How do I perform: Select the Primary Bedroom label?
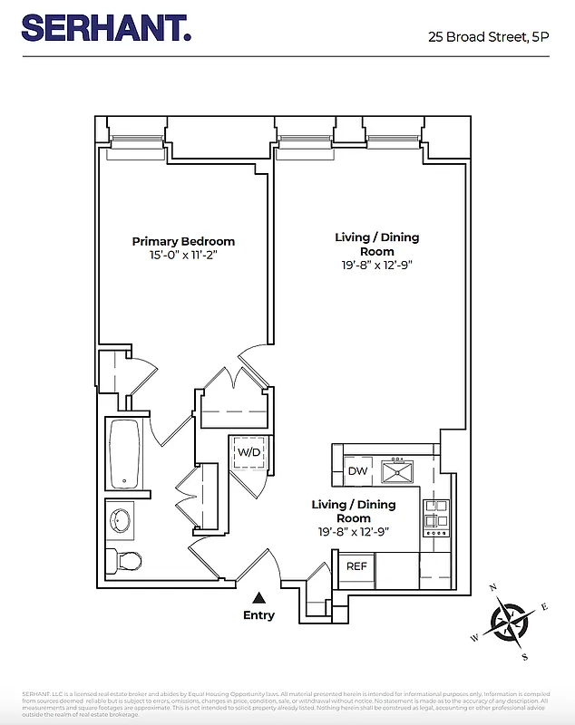pyautogui.click(x=183, y=241)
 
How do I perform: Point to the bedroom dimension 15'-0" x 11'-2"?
pyautogui.click(x=183, y=256)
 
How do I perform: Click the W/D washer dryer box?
pyautogui.click(x=249, y=451)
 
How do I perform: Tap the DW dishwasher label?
pyautogui.click(x=357, y=471)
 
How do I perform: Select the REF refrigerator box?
pyautogui.click(x=356, y=566)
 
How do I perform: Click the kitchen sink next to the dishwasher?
pyautogui.click(x=397, y=471)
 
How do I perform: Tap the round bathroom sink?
pyautogui.click(x=121, y=520)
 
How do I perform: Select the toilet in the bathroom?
pyautogui.click(x=123, y=560)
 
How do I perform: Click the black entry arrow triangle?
pyautogui.click(x=258, y=597)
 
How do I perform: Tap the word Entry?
pyautogui.click(x=258, y=615)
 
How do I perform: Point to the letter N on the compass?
pyautogui.click(x=493, y=587)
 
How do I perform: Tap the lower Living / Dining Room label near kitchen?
pyautogui.click(x=354, y=511)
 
